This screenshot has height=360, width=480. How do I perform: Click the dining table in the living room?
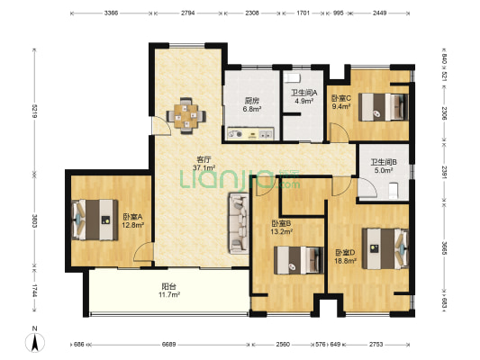[x=186, y=116]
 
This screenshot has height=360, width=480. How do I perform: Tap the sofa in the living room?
[x=239, y=223]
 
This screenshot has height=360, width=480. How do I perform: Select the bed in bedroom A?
[x=95, y=220]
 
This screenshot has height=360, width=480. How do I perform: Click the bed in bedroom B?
[x=299, y=260]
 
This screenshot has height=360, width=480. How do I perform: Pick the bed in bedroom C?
[x=384, y=107]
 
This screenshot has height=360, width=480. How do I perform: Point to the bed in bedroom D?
[x=385, y=248]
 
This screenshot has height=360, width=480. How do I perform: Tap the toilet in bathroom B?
[x=393, y=191]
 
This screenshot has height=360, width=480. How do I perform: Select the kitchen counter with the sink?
[x=250, y=133]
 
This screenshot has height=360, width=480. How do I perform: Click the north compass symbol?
[x=35, y=340]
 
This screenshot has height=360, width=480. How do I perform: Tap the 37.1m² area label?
[x=204, y=167]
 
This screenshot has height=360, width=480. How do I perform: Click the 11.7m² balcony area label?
[x=170, y=295]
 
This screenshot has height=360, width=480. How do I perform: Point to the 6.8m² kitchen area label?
[x=252, y=109]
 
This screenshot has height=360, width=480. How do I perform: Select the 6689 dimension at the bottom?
[x=169, y=345]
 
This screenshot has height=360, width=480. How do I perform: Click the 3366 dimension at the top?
[x=111, y=13]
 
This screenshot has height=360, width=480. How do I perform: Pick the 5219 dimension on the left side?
[x=34, y=112]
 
